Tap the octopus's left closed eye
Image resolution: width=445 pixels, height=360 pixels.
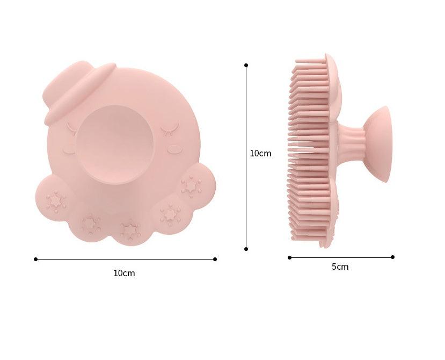click(x=71, y=128)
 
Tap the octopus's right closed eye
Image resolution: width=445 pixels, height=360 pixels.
click(x=170, y=127)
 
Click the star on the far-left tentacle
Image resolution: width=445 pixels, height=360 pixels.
click(x=55, y=201)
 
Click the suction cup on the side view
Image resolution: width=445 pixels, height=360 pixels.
click(x=379, y=144)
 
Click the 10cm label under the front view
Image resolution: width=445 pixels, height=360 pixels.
click(x=124, y=273)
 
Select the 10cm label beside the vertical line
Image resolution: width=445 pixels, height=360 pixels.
click(x=260, y=153)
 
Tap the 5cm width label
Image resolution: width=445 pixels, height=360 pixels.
click(x=340, y=267)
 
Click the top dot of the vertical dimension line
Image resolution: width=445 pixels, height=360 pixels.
click(x=246, y=65)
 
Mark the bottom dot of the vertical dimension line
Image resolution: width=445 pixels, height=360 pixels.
click(x=246, y=249)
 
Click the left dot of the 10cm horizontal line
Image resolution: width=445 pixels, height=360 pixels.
click(x=35, y=259)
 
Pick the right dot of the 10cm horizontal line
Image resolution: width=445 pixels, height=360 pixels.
click(x=215, y=259)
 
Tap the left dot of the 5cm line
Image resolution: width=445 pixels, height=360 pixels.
click(x=289, y=257)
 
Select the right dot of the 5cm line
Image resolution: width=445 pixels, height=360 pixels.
click(x=392, y=257)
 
